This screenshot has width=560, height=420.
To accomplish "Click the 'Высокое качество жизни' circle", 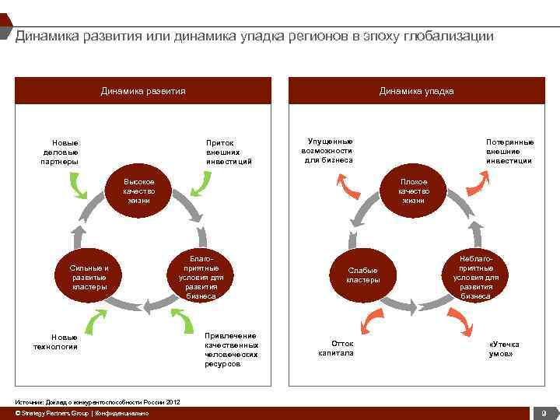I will [139, 191].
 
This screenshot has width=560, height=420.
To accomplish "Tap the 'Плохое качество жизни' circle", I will [413, 191].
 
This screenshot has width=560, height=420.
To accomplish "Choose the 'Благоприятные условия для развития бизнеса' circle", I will [201, 277].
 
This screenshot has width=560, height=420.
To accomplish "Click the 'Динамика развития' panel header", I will [143, 91].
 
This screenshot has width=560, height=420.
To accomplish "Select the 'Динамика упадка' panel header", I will [416, 91].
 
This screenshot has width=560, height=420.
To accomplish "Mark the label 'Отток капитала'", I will [336, 348].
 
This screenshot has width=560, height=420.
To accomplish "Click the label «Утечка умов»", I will [504, 348].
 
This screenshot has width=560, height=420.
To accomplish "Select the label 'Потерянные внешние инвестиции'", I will [509, 152].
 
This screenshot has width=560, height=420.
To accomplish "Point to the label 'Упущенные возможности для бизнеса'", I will [327, 151].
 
